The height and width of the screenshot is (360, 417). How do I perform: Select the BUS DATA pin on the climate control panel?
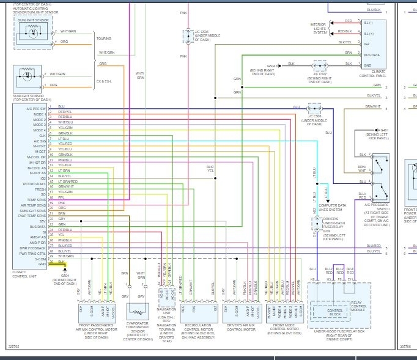[372, 55]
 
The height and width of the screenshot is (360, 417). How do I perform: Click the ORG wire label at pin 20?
[62, 208]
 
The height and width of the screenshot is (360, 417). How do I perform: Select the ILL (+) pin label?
[369, 31]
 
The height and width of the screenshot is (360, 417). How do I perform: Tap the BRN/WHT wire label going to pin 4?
[373, 107]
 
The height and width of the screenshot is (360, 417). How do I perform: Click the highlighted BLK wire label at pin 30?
[61, 262]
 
